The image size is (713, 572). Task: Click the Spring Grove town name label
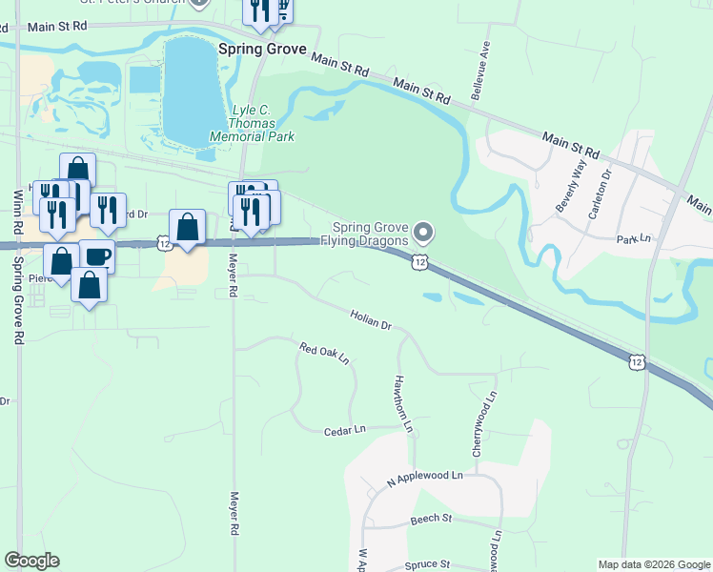click(262, 49)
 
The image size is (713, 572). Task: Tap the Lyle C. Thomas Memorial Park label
click(262, 123)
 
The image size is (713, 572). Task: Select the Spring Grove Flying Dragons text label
click(371, 234)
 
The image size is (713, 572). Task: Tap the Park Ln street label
click(633, 238)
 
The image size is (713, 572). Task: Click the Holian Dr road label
click(371, 319)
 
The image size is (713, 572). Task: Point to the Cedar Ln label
click(345, 430)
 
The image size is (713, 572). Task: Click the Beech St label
click(431, 519)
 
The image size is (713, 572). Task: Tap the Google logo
click(32, 561)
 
